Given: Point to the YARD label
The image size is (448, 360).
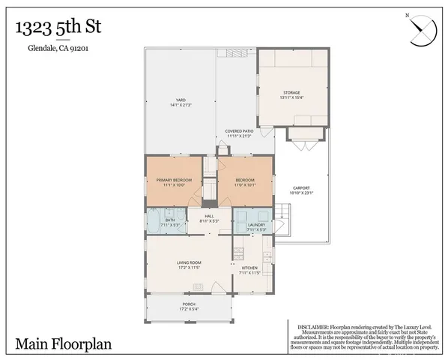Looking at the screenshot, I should click(x=181, y=99).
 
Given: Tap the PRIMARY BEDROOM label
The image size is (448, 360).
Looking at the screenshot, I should click(x=174, y=180).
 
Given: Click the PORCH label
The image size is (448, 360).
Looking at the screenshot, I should click(x=189, y=304).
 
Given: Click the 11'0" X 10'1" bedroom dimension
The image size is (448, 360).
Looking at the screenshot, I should click(x=245, y=184).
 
